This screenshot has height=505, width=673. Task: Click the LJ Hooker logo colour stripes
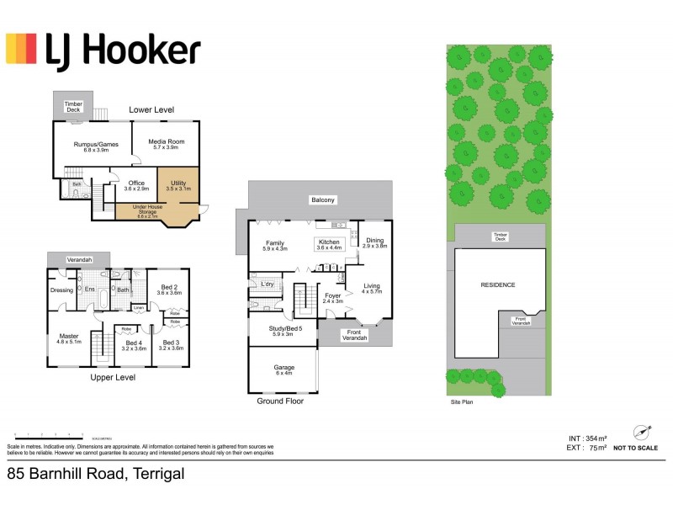coord(22,49)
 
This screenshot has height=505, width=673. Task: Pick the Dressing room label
coord(62,290)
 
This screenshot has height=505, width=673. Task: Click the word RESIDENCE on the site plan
coord(497,284)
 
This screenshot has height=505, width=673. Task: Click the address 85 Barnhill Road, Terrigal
coord(96,475)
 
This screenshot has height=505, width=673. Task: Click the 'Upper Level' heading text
coord(113,377)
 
